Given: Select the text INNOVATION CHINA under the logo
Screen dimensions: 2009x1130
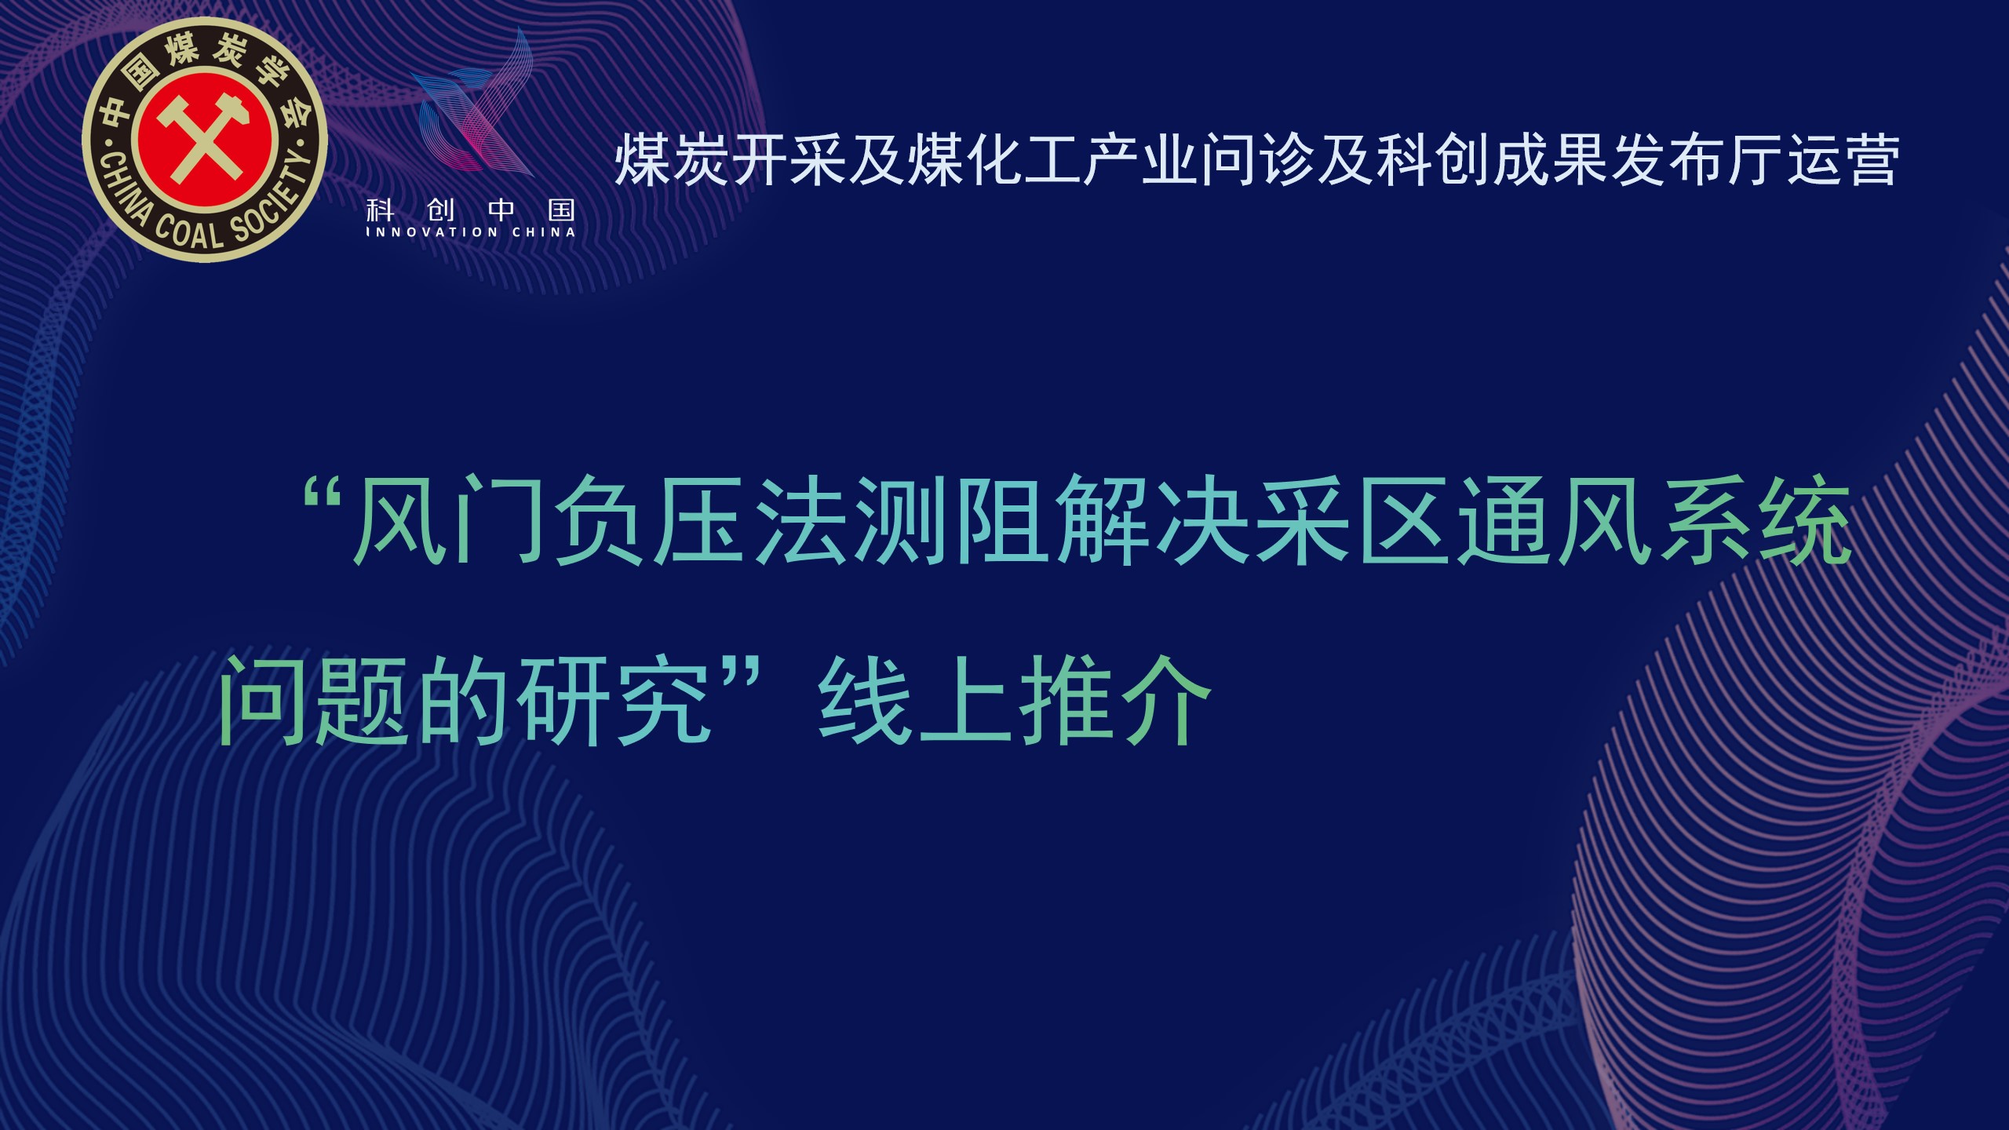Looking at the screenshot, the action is tap(471, 232).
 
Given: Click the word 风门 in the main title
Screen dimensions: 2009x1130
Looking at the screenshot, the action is tap(452, 522).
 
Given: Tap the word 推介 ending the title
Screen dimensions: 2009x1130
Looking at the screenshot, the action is tap(1114, 699).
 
